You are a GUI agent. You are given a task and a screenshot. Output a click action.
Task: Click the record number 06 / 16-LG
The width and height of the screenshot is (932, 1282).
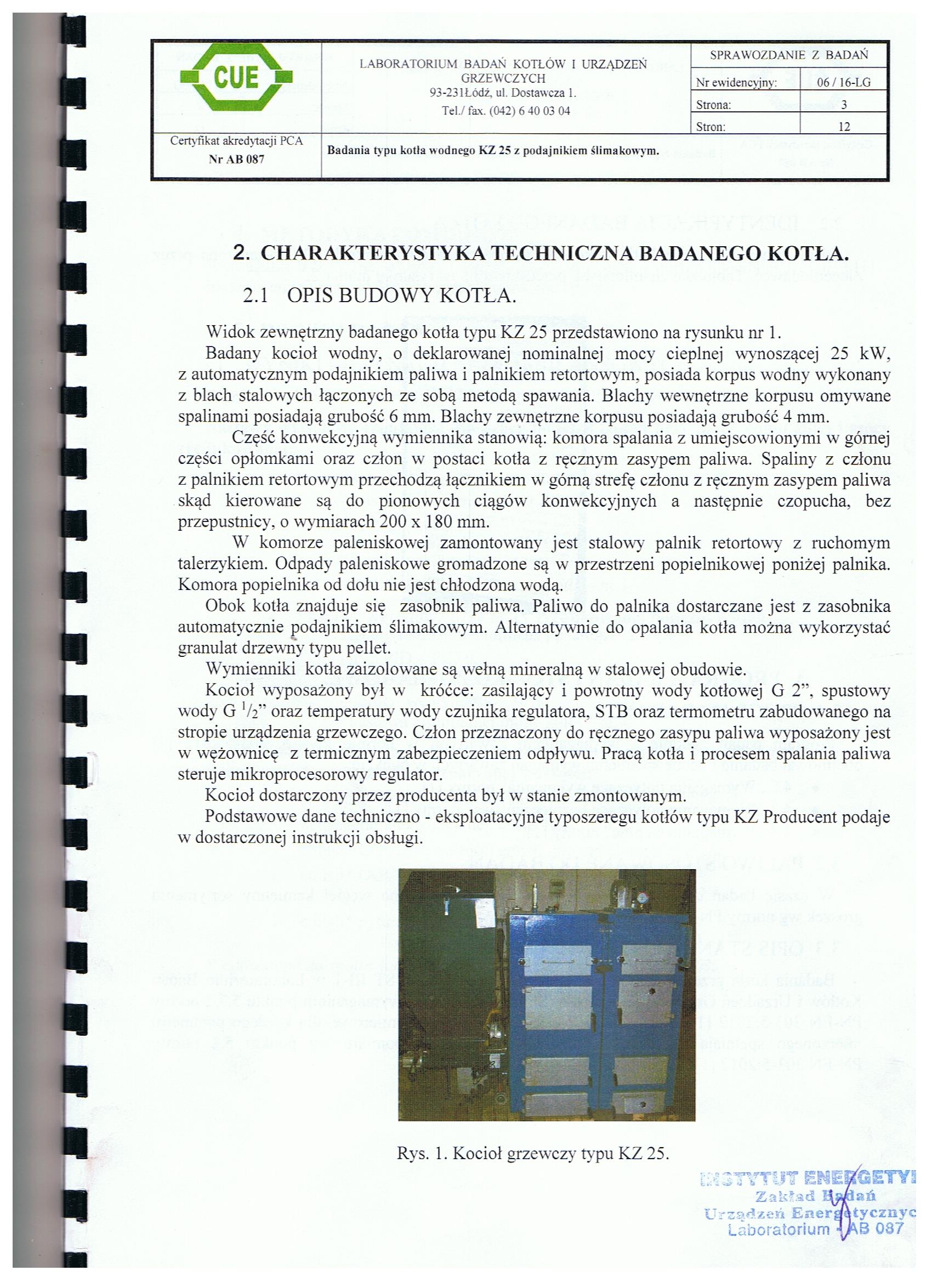[843, 83]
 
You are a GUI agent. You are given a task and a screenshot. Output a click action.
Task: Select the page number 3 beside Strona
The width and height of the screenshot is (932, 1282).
[843, 105]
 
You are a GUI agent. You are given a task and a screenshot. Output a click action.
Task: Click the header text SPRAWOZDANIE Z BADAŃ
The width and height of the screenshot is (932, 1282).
[788, 55]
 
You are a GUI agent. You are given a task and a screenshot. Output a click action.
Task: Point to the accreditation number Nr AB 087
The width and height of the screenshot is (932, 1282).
[236, 159]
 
